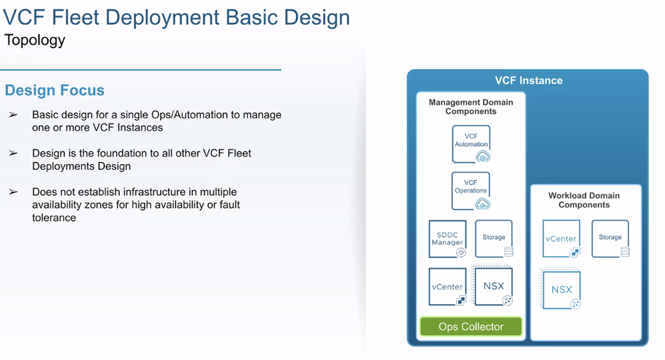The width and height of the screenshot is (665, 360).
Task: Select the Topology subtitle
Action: click(35, 41)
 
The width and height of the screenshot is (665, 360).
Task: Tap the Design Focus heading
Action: click(55, 90)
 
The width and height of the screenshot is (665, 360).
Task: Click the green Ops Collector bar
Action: click(471, 327)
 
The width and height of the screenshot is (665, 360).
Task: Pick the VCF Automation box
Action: click(471, 144)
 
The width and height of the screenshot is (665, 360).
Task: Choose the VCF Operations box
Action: click(471, 190)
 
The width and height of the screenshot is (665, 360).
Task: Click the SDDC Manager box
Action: click(448, 239)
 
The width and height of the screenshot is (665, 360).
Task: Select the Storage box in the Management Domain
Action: click(494, 238)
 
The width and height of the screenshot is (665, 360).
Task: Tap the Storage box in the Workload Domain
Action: click(610, 238)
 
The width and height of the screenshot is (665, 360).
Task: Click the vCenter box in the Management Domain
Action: click(448, 287)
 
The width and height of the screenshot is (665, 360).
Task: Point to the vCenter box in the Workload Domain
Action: click(561, 239)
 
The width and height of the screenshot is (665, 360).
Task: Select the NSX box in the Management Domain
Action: click(494, 287)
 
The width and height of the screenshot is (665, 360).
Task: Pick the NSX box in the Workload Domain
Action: click(562, 290)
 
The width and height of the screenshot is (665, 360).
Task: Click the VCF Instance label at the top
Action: click(528, 80)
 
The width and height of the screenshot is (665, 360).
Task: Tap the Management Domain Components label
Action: click(471, 107)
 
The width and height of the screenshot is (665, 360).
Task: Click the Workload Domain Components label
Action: click(584, 200)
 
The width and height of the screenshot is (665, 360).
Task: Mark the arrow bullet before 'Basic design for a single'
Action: click(13, 115)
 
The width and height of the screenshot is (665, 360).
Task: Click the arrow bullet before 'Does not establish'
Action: click(13, 192)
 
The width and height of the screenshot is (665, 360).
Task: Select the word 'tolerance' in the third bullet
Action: click(54, 218)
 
